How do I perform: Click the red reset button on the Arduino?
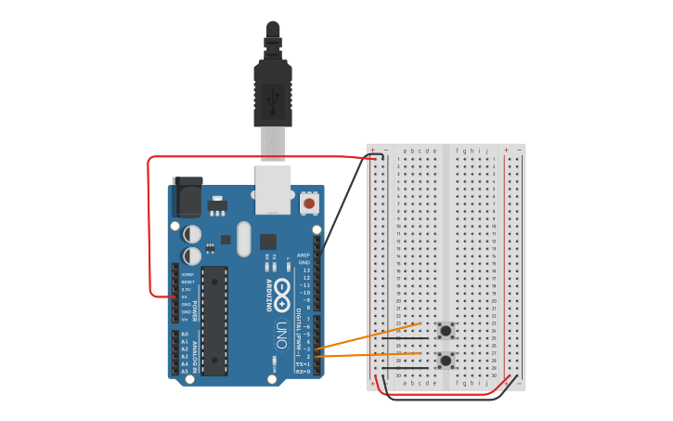308,202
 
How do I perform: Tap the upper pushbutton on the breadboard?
446,330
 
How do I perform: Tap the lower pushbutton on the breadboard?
446,360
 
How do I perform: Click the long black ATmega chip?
214,321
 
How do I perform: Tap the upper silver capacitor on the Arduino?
192,234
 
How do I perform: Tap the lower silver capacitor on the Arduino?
192,256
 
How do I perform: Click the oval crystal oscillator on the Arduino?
243,239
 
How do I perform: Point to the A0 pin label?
184,334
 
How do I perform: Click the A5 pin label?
184,371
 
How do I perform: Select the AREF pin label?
304,255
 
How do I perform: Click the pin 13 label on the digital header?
305,270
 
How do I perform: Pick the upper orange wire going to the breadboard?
371,336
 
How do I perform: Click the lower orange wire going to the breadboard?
371,354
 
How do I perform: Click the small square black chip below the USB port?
267,242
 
